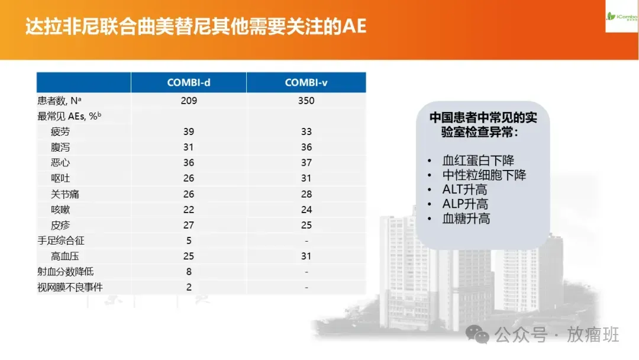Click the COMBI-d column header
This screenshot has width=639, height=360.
click(x=189, y=83)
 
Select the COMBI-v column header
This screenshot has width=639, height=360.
click(x=306, y=83)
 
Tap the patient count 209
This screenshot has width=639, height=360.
click(x=189, y=101)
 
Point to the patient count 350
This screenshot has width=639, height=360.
click(x=306, y=101)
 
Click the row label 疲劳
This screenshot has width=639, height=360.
click(x=60, y=131)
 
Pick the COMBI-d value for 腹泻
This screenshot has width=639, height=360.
click(x=188, y=147)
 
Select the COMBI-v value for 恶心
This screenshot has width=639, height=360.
click(x=306, y=163)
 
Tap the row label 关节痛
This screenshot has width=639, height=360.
click(x=65, y=194)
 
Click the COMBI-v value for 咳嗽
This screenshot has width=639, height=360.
click(x=306, y=210)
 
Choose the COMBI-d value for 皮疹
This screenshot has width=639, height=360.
click(x=189, y=225)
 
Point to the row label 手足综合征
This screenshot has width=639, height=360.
click(x=61, y=240)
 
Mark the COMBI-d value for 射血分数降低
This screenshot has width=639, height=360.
click(x=189, y=272)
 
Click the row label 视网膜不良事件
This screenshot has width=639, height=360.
click(x=70, y=287)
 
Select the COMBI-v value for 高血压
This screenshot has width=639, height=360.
click(x=306, y=256)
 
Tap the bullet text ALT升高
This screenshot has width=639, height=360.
click(x=464, y=189)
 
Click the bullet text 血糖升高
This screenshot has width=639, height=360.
click(x=466, y=219)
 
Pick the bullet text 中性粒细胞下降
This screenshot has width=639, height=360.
click(x=484, y=175)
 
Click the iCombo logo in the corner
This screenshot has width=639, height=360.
click(x=622, y=17)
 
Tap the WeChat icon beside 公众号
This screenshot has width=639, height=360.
click(x=477, y=335)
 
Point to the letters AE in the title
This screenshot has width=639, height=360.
click(x=354, y=27)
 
